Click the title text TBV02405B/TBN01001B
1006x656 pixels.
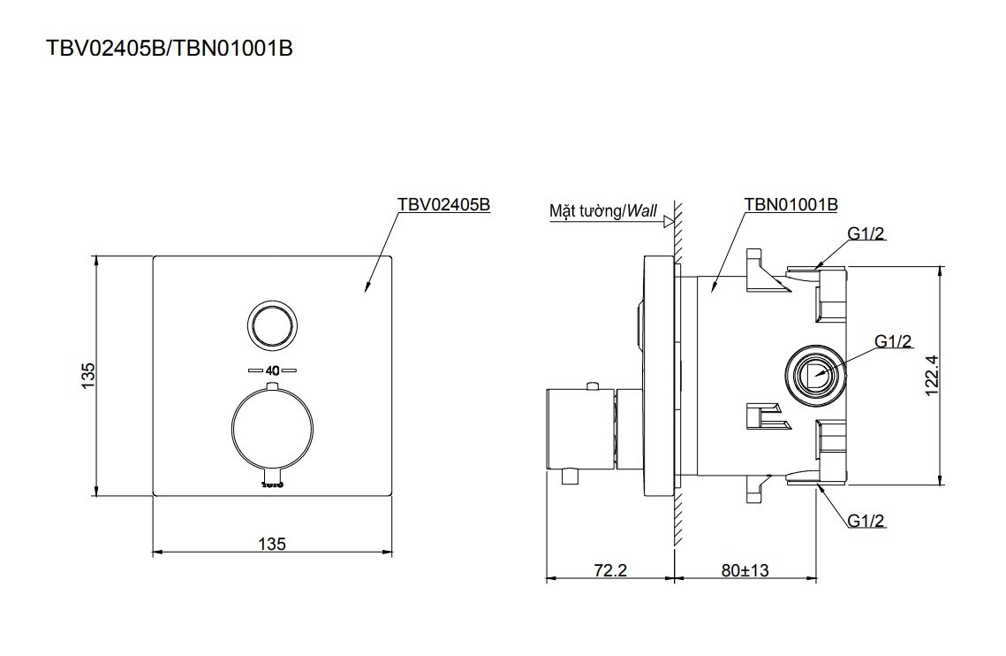tap(169, 49)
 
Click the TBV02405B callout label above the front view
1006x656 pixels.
tap(442, 204)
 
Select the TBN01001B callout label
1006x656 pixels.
tap(790, 204)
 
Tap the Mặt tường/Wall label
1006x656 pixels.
tap(603, 210)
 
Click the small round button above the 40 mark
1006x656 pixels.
tap(272, 324)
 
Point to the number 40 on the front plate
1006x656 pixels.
tap(272, 370)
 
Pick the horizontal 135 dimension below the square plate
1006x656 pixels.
tap(273, 544)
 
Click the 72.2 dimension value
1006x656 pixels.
tap(609, 570)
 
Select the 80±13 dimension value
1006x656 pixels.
tap(745, 570)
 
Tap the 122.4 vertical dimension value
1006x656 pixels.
tap(957, 375)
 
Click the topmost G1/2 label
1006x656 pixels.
tap(866, 233)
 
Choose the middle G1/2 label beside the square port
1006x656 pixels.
tap(893, 340)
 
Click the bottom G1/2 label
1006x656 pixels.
tap(866, 522)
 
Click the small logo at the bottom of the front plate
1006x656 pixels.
tap(272, 483)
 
